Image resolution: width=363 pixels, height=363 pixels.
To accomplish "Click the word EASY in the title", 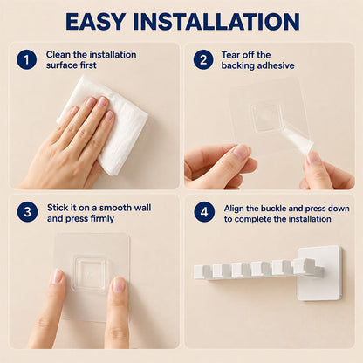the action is point(96,22).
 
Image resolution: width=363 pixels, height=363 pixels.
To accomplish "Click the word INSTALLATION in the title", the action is point(216,22).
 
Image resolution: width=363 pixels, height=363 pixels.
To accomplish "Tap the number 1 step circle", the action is point(26,60).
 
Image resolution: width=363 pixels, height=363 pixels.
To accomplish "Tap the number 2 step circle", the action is point(203,60).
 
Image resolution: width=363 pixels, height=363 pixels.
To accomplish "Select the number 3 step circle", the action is point(27,212).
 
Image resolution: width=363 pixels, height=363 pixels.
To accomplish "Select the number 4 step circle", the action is point(204,212).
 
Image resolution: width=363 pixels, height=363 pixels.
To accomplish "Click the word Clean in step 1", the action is point(58,55).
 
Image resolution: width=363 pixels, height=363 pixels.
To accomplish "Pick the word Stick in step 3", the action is point(58,208).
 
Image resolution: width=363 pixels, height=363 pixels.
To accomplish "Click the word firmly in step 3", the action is point(102,219).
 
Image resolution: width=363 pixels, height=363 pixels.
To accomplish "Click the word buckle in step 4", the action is point(273,209).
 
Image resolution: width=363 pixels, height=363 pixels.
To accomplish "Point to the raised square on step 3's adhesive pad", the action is point(91,273).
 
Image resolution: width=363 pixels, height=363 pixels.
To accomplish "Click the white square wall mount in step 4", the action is point(319,273).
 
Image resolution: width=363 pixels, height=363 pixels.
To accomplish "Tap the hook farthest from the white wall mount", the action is point(202,271).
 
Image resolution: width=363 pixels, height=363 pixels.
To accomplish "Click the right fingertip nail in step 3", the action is point(119,284).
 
